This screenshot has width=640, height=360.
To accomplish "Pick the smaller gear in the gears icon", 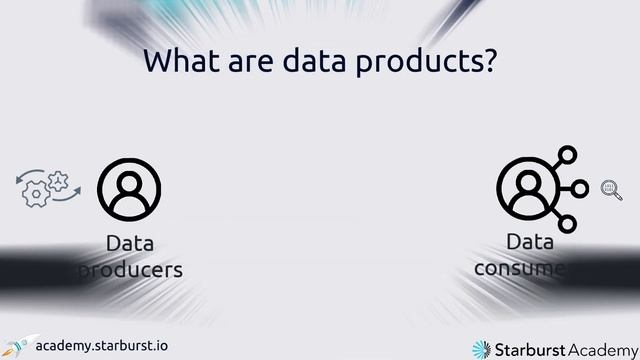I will coord(57,180).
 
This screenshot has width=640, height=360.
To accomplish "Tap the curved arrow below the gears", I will coord(67,198).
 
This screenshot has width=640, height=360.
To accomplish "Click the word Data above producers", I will coord(130,244).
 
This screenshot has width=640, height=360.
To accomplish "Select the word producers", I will coord(130,269).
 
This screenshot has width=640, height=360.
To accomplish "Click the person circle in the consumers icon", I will coord(528,188).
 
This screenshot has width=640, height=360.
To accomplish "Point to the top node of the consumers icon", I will coord(568,155).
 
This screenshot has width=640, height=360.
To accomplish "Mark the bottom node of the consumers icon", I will coord(568,221).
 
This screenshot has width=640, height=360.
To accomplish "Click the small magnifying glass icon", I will coord(610,189).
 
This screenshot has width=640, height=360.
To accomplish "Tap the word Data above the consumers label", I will coord(530,242).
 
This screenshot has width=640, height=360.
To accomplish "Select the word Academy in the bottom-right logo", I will coord(598,347).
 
